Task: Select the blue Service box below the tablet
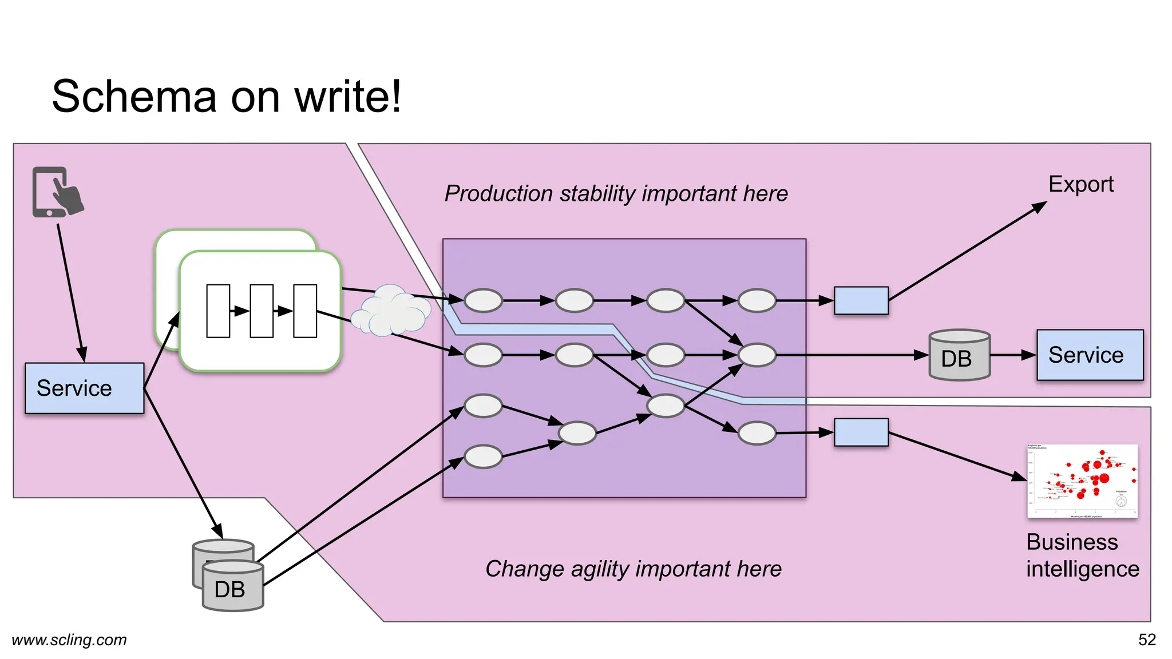coord(84,388)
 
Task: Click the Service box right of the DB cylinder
coord(1090,355)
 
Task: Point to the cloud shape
coord(391,311)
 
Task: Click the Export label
coord(1080,184)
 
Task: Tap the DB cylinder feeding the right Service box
coord(959,356)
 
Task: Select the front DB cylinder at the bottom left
coord(233,587)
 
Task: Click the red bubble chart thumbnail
coord(1082,481)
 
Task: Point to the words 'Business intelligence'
coord(1082,555)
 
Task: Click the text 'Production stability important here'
coord(616,193)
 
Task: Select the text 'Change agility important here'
coord(633,569)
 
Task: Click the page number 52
coord(1147,640)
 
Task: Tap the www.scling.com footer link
coord(69,640)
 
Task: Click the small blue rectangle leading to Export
coord(861,301)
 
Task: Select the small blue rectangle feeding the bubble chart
coord(861,432)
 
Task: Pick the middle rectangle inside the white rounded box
coord(262,311)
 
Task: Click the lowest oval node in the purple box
coord(483,457)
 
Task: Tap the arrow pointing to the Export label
coord(967,252)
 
